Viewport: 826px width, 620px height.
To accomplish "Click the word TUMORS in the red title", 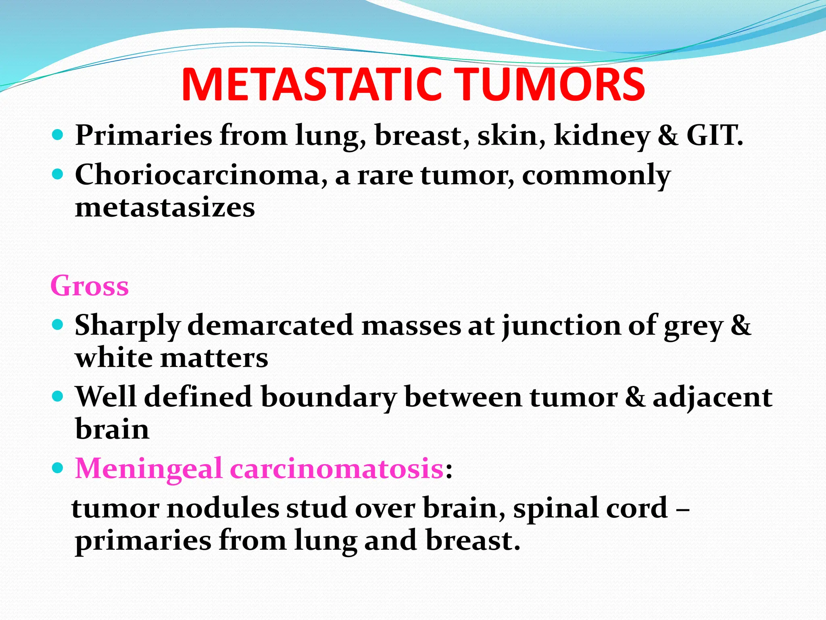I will point(551,85).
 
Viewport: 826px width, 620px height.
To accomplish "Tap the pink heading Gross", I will point(90,286).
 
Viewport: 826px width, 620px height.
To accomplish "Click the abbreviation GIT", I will point(714,135).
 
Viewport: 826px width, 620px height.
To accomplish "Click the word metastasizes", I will point(165,207).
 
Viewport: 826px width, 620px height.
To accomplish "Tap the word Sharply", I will point(127,326).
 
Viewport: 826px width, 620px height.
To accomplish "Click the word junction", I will point(561,326).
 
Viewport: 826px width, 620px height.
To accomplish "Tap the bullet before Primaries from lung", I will point(58,134).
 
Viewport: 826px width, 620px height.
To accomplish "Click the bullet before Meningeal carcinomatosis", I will point(58,468).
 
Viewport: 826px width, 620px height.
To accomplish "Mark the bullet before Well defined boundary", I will point(58,396).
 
